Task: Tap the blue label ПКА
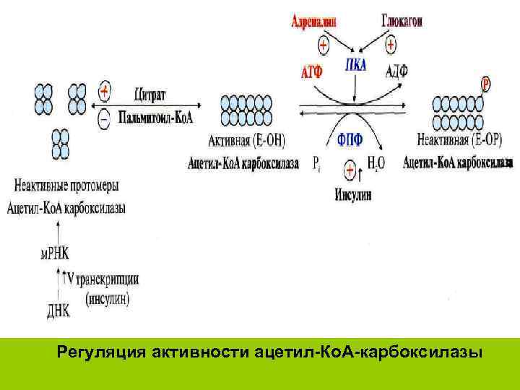point(355,66)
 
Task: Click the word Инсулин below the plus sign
point(353,194)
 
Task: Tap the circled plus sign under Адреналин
point(322,45)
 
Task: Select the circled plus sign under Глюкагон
point(391,45)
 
